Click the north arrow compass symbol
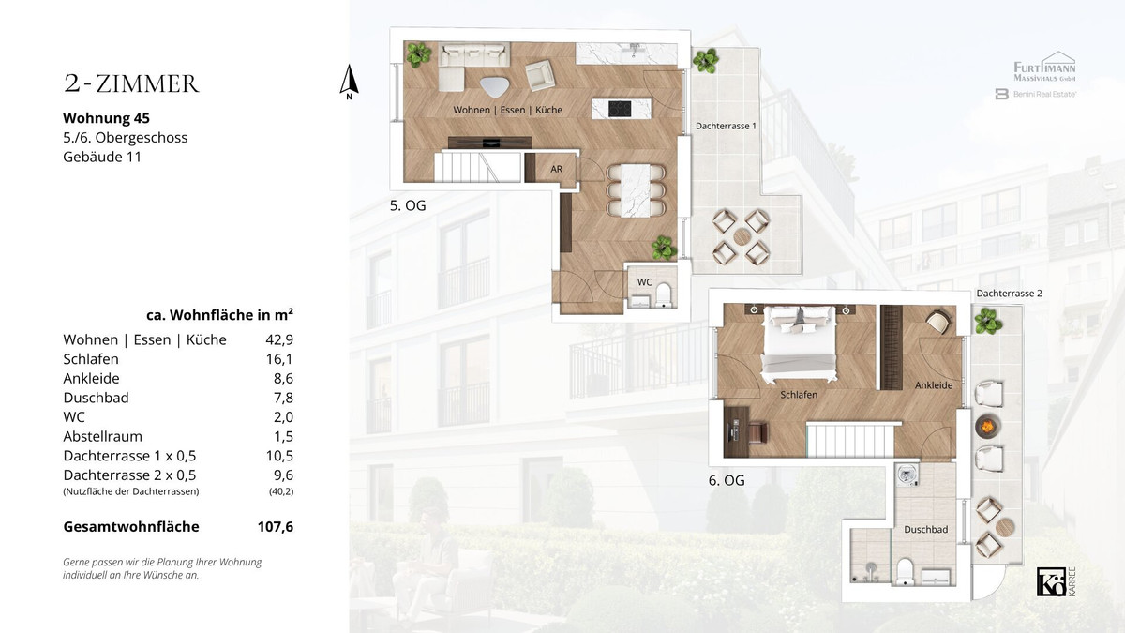coord(349,82)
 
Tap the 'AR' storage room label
coord(556,170)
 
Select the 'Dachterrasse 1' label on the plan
coord(726,126)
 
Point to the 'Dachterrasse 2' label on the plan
coord(1009,294)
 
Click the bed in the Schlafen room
coord(799,343)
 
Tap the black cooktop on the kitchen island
coord(620,109)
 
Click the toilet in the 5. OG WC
coord(664,294)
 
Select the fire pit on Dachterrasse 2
coord(987,427)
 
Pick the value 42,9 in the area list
coord(279,340)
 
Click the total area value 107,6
coord(276,526)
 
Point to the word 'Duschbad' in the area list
coord(96,398)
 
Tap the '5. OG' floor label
coord(408,205)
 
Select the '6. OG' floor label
coord(727,480)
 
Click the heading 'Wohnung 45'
coord(106,118)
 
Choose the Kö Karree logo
coord(1057,581)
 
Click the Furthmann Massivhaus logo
coord(1044,67)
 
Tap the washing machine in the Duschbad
coord(907,475)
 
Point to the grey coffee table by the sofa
coord(495,86)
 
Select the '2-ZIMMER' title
coord(131,83)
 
